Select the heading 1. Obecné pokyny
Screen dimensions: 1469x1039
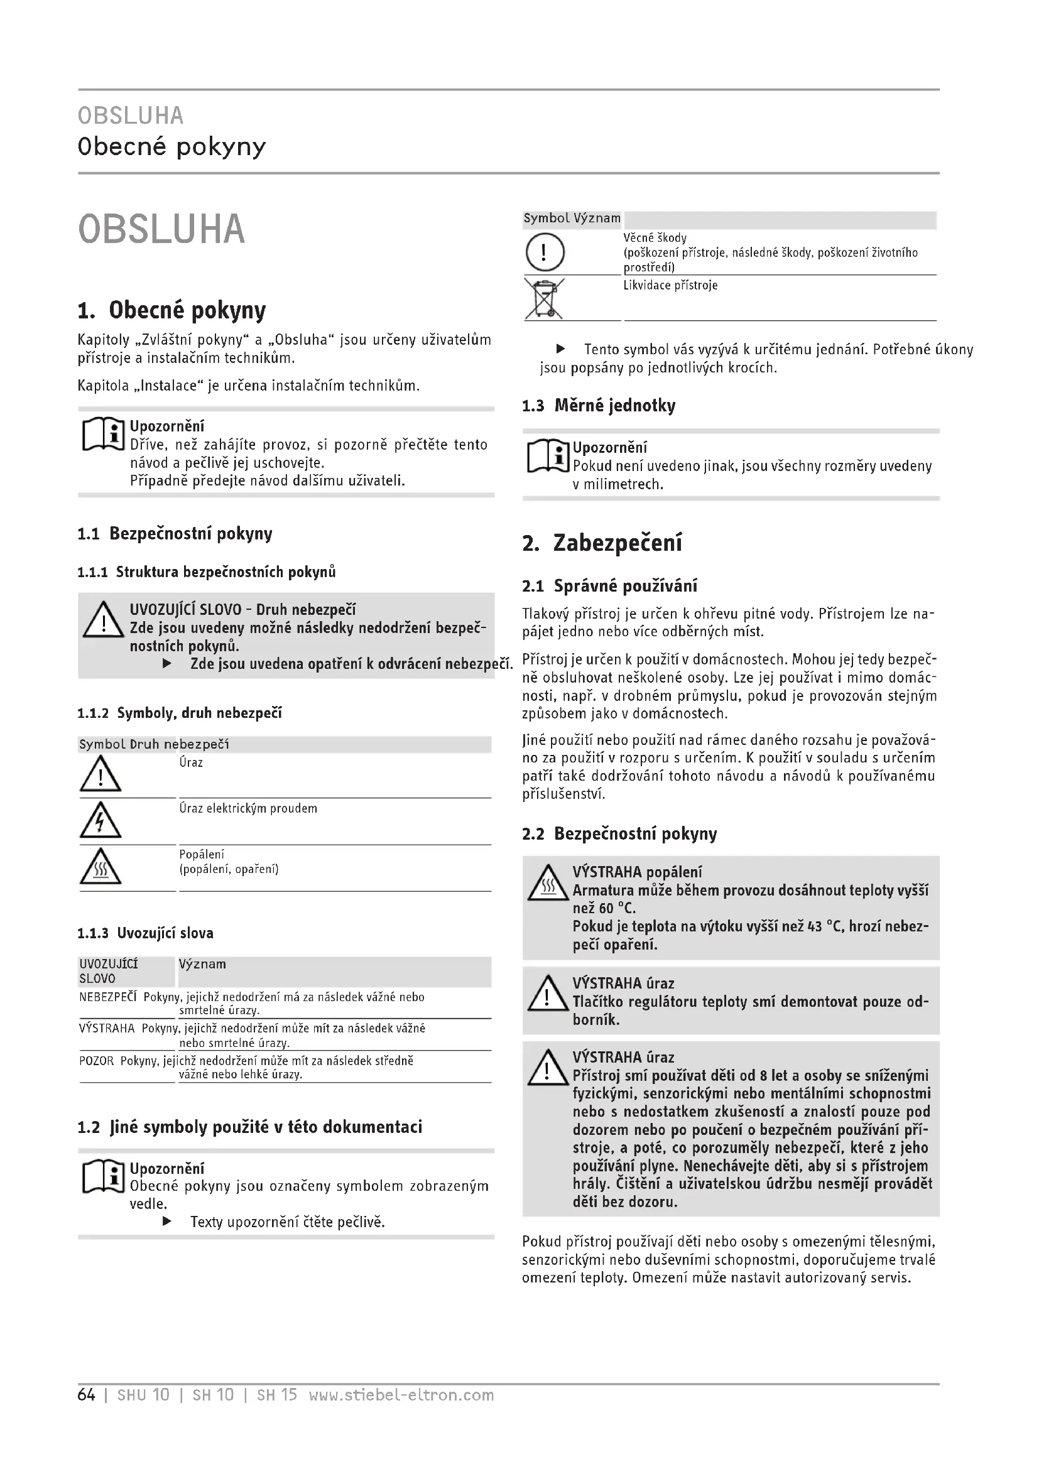(x=171, y=310)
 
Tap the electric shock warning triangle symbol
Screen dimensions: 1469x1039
(x=101, y=821)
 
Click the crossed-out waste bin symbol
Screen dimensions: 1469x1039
(x=544, y=298)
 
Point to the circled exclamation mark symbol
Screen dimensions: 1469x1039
(x=545, y=252)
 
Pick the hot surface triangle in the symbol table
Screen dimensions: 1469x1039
(x=101, y=867)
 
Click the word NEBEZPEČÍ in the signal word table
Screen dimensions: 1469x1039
(x=108, y=997)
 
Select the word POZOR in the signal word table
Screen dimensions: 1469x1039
(x=97, y=1061)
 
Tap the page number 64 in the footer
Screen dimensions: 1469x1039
(x=86, y=1395)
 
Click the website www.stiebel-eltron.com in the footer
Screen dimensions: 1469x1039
(x=401, y=1395)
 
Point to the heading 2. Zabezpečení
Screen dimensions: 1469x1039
(x=602, y=543)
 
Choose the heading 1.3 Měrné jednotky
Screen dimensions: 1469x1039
(x=599, y=406)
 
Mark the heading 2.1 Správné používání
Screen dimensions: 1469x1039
(x=610, y=586)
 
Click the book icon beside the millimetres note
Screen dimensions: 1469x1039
(x=548, y=456)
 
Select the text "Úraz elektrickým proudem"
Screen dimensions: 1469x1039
(x=248, y=809)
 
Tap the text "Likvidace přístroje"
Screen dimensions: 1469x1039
(x=670, y=285)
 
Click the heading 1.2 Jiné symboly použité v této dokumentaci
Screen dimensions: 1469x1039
(x=249, y=1127)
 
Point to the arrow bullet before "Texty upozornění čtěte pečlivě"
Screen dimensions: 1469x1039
(x=167, y=1222)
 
